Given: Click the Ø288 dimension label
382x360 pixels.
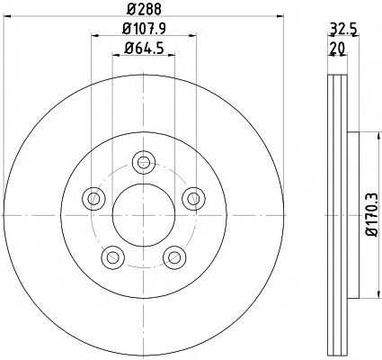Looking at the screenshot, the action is pyautogui.click(x=144, y=9).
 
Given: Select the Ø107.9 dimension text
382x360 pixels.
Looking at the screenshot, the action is pyautogui.click(x=144, y=29).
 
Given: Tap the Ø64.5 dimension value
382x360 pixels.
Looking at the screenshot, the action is pyautogui.click(x=144, y=48).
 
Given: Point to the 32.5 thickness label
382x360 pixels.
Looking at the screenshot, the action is pyautogui.click(x=343, y=30).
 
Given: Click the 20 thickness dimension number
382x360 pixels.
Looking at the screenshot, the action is pyautogui.click(x=337, y=48).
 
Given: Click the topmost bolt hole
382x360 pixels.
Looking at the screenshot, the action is pyautogui.click(x=144, y=162).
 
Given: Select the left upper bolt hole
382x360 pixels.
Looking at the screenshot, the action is pyautogui.click(x=93, y=199).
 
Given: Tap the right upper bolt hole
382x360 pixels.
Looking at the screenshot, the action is pyautogui.click(x=194, y=199).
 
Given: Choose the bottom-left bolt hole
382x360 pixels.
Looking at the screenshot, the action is pyautogui.click(x=113, y=257).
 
